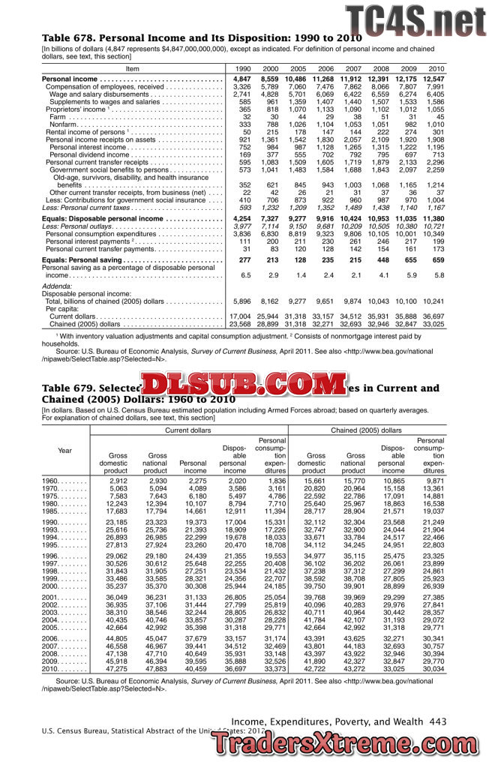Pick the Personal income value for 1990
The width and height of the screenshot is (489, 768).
[241, 79]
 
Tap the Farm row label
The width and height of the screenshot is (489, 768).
[57, 117]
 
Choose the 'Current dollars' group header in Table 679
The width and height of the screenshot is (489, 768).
[187, 430]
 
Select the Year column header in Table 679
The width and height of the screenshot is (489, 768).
[64, 450]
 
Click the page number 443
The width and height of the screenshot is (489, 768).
[439, 721]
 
